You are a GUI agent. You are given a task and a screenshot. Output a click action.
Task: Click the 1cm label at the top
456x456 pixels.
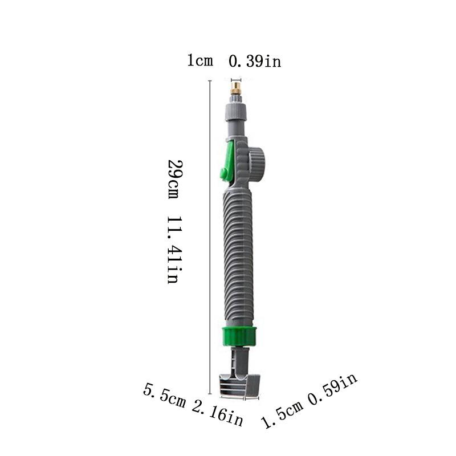(x=200, y=61)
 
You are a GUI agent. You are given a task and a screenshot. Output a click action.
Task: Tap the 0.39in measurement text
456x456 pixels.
(x=255, y=61)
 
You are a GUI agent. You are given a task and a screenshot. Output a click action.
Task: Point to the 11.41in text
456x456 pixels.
(x=173, y=250)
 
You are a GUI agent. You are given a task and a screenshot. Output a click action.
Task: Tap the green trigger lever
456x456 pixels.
(x=229, y=162)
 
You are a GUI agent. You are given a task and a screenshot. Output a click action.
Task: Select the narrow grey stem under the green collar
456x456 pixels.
(x=240, y=359)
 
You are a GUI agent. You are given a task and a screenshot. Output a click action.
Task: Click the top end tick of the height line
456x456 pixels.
(x=210, y=82)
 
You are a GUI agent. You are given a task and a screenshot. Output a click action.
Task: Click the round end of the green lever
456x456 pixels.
(x=222, y=173)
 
